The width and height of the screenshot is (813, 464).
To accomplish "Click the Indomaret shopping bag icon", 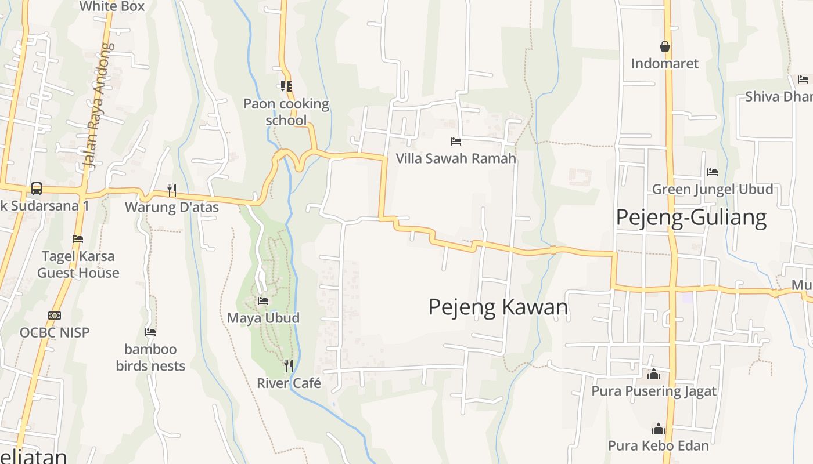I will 665,46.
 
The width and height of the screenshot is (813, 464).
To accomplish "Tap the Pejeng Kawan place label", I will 498,307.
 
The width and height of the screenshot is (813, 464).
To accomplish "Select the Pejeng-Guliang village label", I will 691,217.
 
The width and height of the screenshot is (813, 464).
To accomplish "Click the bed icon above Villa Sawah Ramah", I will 456,141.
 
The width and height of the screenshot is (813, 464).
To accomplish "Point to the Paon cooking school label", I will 286,112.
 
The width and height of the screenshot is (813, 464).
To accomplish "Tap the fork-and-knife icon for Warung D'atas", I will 171,190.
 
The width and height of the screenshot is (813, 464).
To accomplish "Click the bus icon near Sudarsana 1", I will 36,188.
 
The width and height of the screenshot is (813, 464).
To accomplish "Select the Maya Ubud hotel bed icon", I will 263,301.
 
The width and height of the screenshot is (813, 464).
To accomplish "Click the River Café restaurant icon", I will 288,365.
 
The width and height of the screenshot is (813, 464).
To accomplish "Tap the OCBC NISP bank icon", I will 55,316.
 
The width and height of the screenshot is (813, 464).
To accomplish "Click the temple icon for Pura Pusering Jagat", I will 654,374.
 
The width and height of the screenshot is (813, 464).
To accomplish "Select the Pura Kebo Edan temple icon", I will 658,429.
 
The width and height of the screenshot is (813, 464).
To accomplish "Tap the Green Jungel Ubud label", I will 713,189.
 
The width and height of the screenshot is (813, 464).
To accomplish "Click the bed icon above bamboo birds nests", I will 150,332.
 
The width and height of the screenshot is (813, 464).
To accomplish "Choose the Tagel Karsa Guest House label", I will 78,264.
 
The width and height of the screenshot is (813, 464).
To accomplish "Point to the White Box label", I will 112,6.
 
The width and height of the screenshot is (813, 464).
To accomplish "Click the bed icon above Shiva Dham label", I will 803,79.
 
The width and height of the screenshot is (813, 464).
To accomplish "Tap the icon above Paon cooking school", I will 286,86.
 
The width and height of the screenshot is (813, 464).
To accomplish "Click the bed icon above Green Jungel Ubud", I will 713,172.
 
